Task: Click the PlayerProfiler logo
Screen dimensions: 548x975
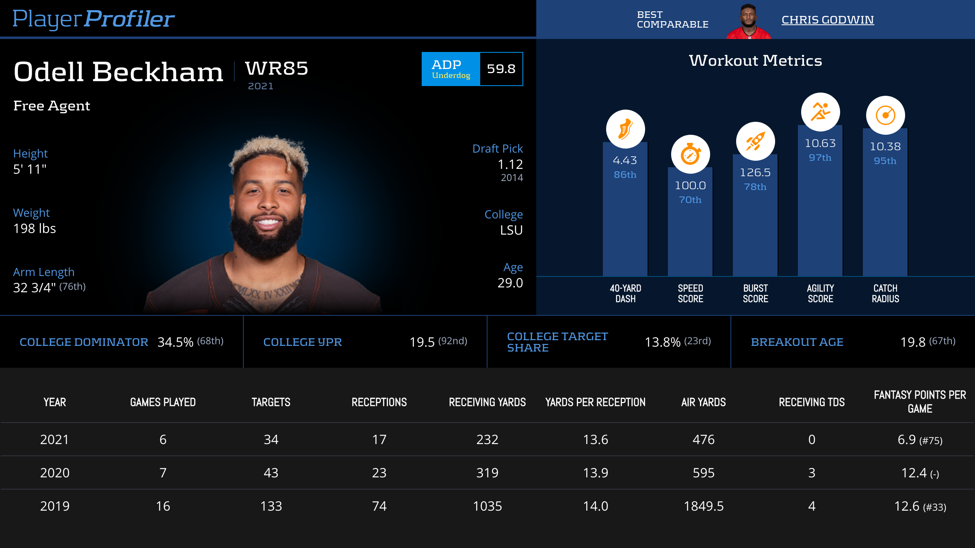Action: [x=93, y=19]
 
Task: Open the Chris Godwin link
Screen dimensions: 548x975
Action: [x=828, y=20]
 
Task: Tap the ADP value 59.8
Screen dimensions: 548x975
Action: [x=501, y=69]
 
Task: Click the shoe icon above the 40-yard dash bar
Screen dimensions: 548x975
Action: [x=625, y=129]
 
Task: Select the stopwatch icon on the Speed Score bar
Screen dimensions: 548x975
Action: [x=690, y=154]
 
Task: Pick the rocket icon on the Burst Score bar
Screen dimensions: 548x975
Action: [x=755, y=141]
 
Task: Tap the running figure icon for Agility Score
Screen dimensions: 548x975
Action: [x=820, y=112]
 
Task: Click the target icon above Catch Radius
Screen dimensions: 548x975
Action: [x=885, y=115]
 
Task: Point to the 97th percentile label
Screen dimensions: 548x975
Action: [x=820, y=157]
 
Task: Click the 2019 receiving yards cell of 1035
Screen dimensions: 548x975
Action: [x=487, y=506]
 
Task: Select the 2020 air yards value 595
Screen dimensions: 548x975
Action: [x=703, y=473]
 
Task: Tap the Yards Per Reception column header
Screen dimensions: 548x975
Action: [x=595, y=402]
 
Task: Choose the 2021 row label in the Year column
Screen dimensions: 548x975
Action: [x=54, y=440]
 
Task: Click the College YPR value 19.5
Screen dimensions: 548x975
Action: [x=422, y=342]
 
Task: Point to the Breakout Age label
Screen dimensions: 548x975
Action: [x=797, y=342]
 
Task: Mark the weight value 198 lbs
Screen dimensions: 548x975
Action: [x=35, y=229]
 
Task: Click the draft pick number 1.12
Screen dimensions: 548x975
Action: [x=510, y=164]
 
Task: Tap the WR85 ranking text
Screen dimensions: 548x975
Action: [x=277, y=68]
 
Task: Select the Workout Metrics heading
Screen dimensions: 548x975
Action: [x=755, y=60]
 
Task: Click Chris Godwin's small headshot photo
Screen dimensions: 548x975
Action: [x=748, y=22]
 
